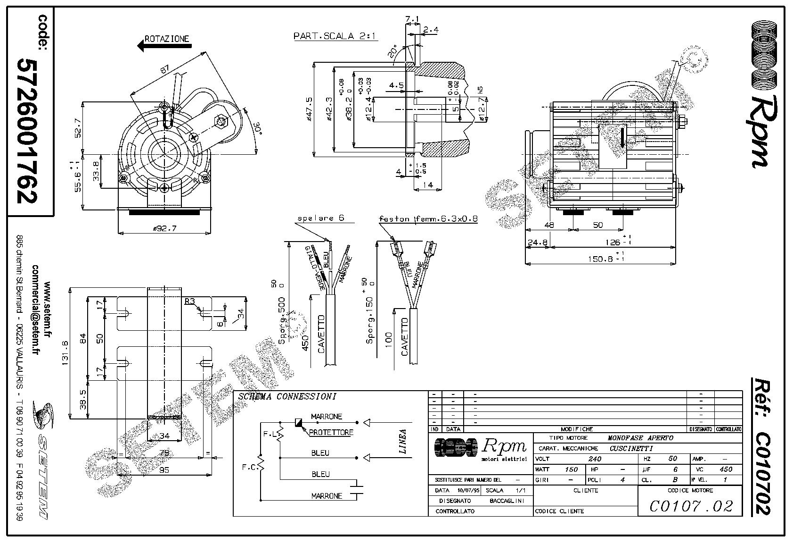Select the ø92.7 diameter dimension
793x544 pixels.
(164, 228)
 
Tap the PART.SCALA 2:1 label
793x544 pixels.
(335, 36)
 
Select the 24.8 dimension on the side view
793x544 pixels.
(537, 243)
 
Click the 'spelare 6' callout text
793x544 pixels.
(321, 218)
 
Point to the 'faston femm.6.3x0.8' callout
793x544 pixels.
(428, 219)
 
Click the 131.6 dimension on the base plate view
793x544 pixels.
(65, 352)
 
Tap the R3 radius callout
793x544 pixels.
(190, 301)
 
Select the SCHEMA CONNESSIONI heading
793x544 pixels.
(286, 397)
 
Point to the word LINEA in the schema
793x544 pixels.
(402, 442)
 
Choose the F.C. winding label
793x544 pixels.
(249, 468)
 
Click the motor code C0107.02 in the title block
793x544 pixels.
(691, 506)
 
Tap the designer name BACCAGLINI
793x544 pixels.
(507, 501)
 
